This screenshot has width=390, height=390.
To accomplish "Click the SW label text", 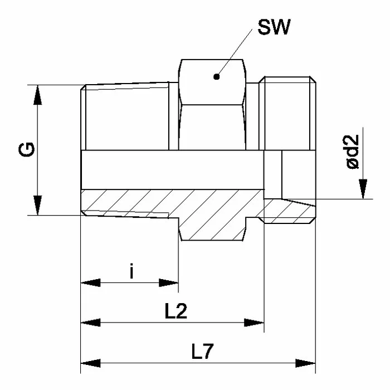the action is click(x=274, y=27).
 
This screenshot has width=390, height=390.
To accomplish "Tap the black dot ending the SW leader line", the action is click(x=216, y=77).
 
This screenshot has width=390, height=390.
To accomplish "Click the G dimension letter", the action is click(x=26, y=149).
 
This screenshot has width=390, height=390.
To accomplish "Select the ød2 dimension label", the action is click(x=353, y=152).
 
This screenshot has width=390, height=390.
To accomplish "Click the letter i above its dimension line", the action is click(x=132, y=271).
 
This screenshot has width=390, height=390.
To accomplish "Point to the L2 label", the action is click(x=176, y=311).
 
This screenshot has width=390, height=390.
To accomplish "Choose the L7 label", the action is click(x=202, y=351).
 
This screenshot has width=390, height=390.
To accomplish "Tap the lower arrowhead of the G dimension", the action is click(x=37, y=205).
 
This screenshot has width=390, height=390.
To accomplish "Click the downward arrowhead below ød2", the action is click(x=363, y=189).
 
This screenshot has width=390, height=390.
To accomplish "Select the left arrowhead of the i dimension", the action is click(x=91, y=283).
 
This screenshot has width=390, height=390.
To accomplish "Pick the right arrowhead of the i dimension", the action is click(x=169, y=283).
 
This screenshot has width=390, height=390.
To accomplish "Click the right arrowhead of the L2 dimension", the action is click(x=254, y=323).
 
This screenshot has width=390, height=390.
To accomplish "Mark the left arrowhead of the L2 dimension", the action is click(x=91, y=323).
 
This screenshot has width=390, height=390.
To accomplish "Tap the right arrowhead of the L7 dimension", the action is click(x=305, y=363).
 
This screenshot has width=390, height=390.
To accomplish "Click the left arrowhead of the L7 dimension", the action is click(x=91, y=363).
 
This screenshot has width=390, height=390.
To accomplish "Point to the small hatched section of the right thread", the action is click(x=289, y=211).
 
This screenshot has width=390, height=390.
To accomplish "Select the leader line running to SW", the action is click(x=235, y=53).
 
